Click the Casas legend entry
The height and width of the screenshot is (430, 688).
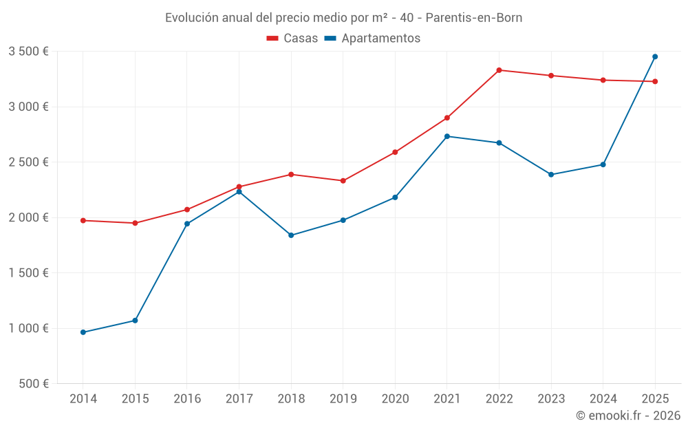tap(292, 39)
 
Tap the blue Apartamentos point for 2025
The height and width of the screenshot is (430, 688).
tap(655, 56)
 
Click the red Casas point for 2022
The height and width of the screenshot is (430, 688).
tap(499, 70)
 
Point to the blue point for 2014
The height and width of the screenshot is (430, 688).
tap(83, 332)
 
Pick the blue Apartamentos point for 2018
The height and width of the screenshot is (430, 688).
tap(291, 235)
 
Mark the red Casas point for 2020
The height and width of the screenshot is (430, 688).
tap(395, 152)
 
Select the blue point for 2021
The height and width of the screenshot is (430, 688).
tap(447, 136)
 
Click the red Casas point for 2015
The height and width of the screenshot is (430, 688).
tap(135, 223)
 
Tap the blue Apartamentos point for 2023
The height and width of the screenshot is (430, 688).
tap(551, 175)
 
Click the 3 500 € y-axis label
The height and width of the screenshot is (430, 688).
tap(28, 52)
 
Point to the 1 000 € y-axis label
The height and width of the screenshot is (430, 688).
tap(28, 328)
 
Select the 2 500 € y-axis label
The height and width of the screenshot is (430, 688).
tap(28, 162)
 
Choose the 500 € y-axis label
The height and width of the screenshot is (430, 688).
tap(33, 384)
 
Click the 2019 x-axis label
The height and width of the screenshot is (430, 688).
tap(343, 399)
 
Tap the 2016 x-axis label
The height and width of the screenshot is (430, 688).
tap(187, 399)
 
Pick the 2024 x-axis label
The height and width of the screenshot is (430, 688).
tap(603, 399)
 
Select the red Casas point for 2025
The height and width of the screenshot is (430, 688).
tap(655, 81)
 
